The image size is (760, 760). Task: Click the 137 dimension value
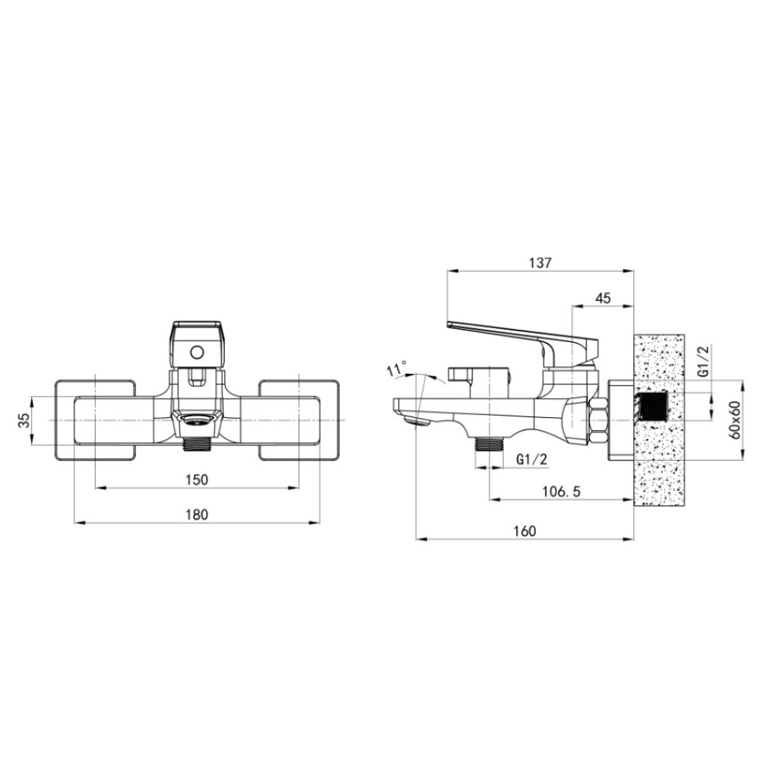pos(540,263)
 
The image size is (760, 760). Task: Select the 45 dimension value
pos(603,298)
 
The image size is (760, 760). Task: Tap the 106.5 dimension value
pos(561,492)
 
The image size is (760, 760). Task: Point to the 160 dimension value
pos(524,531)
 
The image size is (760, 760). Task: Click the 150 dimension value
pos(197,480)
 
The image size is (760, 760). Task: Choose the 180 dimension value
pos(197,515)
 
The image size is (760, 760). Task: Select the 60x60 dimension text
pos(735,420)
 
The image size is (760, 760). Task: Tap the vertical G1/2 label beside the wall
pos(704,361)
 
